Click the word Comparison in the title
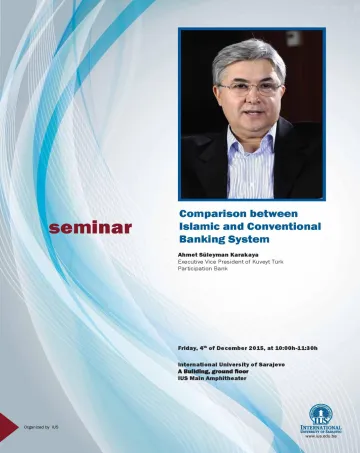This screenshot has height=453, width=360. click(212, 213)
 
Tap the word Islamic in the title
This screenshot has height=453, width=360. click(203, 227)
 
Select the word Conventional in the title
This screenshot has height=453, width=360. click(283, 227)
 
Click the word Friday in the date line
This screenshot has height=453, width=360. click(189, 347)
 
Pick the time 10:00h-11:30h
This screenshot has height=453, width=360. click(294, 347)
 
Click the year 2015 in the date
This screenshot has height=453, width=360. click(249, 347)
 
